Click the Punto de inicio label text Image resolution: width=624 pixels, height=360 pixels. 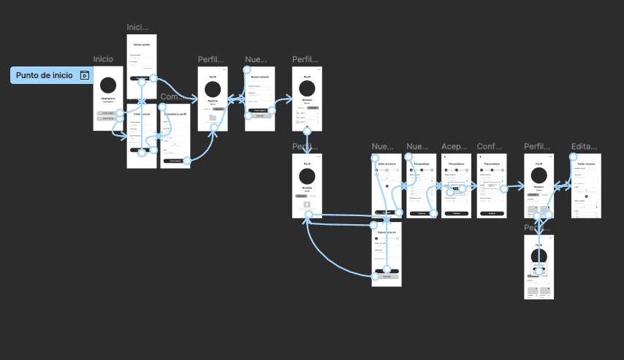[45, 74]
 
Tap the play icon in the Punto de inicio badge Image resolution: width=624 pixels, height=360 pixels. [85, 74]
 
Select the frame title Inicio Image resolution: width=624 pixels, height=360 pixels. [103, 58]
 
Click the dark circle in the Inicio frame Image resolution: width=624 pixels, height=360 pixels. [108, 85]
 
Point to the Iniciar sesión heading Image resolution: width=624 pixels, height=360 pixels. [142, 44]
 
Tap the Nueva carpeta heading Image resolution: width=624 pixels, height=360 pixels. [260, 77]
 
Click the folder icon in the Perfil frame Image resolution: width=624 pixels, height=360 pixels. [213, 117]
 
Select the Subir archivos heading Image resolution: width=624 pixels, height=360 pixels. [387, 164]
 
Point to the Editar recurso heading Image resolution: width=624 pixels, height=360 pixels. [586, 164]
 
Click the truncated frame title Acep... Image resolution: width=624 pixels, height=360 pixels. [454, 146]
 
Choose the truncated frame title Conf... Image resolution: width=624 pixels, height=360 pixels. [490, 146]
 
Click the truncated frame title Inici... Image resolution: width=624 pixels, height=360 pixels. [137, 27]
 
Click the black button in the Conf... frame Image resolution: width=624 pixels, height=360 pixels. [492, 213]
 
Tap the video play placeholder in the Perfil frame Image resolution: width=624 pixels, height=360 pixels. [307, 204]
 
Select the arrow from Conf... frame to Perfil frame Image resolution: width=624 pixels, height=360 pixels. [515, 187]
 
